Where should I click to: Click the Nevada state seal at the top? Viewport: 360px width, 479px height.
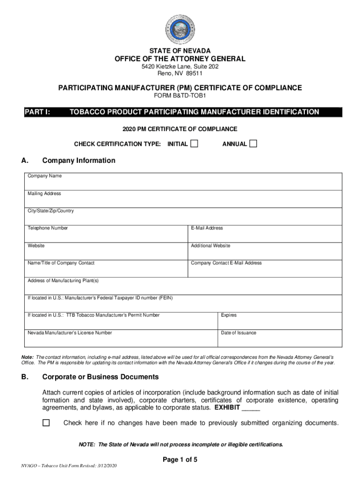(x=180, y=28)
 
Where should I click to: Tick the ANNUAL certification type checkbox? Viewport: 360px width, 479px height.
(x=253, y=144)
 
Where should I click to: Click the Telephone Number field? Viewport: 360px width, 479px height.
(x=106, y=233)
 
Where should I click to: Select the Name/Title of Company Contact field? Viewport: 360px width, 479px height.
(x=106, y=268)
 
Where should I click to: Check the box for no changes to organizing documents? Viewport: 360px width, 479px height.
(x=46, y=423)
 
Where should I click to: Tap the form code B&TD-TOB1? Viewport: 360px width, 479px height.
(x=180, y=96)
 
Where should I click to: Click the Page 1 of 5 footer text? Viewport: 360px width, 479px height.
(x=180, y=460)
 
